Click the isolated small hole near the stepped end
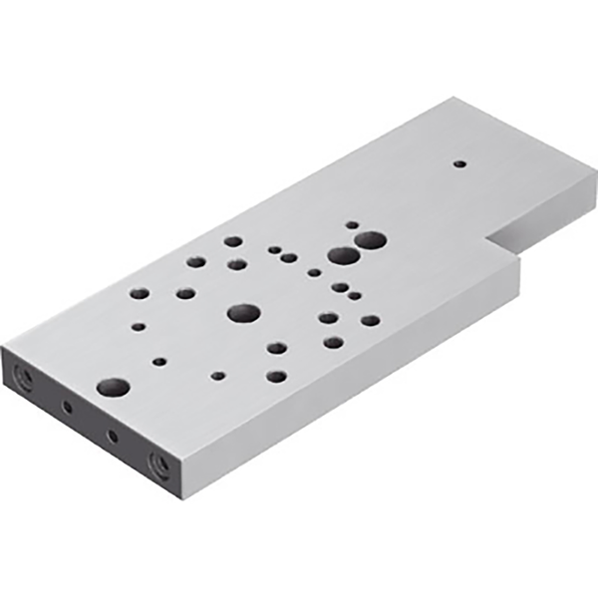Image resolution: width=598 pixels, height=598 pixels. (x=459, y=163)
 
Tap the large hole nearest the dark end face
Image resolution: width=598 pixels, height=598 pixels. (x=113, y=386)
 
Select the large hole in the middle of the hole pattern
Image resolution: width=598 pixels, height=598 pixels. (x=243, y=313)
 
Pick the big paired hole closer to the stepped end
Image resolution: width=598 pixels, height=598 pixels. (x=371, y=240)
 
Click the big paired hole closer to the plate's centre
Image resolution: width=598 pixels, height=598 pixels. (x=343, y=255)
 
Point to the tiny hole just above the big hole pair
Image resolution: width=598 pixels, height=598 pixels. (x=351, y=225)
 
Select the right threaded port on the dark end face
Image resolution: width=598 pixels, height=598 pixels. (x=157, y=461)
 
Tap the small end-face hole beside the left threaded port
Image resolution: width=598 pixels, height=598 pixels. (x=68, y=406)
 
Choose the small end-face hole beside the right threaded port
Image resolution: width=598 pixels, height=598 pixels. (x=112, y=436)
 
